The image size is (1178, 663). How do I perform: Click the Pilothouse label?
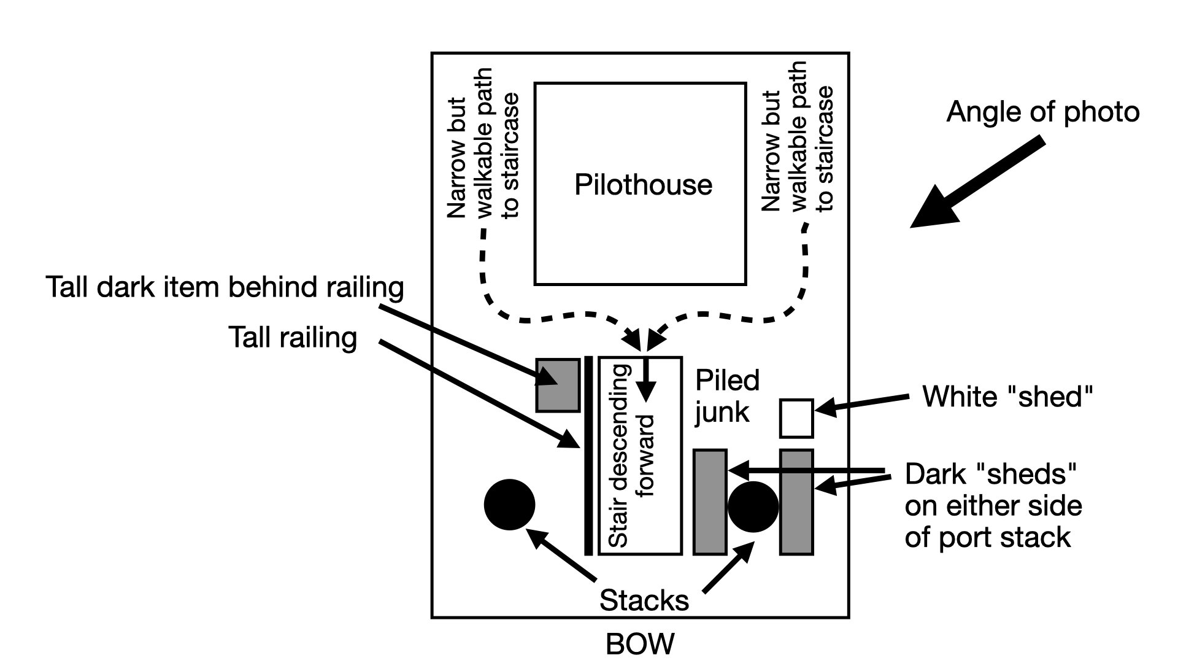(643, 185)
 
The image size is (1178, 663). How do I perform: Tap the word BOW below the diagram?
(639, 645)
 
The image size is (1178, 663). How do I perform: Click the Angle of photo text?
(1042, 112)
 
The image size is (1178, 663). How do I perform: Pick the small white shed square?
(796, 418)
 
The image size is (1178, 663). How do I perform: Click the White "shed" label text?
(1007, 397)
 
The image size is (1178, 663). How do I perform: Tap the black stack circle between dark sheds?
(753, 506)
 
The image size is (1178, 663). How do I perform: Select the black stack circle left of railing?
(509, 505)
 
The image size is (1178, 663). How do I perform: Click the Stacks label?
(644, 600)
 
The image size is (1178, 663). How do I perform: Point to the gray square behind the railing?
(558, 385)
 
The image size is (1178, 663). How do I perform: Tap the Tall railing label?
(293, 338)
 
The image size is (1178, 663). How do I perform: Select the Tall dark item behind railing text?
(225, 287)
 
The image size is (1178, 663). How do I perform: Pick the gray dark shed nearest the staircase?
(710, 502)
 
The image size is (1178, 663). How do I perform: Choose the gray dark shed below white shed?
(796, 502)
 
